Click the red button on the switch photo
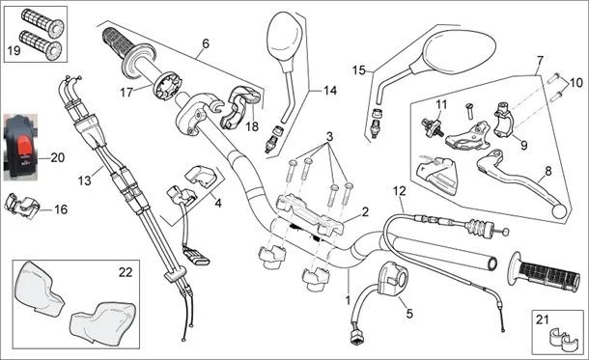pos(24,147)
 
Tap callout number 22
pos(126,272)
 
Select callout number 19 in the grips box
pos(14,50)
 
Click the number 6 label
pos(206,43)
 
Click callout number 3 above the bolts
pos(329,136)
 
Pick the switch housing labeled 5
pos(392,278)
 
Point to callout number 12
pos(400,191)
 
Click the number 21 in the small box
pos(542,319)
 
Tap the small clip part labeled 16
pos(22,206)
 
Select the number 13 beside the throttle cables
pos(85,180)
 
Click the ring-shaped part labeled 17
pos(168,87)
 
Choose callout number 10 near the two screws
pos(575,83)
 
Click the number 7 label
pos(540,60)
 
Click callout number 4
pos(218,203)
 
